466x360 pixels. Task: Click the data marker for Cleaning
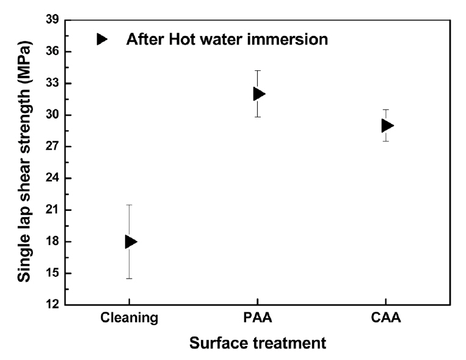coord(130,241)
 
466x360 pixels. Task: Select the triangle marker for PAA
coord(258,94)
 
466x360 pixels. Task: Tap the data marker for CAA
coord(387,125)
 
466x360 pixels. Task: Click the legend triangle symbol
coord(101,39)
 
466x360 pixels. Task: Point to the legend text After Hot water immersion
coord(227,40)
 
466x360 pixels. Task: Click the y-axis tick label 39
coord(51,20)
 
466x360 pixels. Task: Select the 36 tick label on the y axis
coord(51,51)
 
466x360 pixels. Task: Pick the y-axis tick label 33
coord(51,83)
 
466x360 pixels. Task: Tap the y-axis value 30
coord(51,115)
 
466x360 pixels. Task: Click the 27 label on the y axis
coord(51,147)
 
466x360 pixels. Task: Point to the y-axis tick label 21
coord(51,210)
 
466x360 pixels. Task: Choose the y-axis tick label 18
coord(51,241)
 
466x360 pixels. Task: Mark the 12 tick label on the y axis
coord(51,304)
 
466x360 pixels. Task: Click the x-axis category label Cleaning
coord(129,318)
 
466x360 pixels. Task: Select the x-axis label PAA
coord(257,318)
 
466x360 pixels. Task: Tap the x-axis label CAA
coord(385,318)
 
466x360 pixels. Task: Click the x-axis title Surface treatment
coord(257,343)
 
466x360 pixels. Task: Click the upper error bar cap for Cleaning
coord(129,205)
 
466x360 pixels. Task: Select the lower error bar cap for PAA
coord(257,117)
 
